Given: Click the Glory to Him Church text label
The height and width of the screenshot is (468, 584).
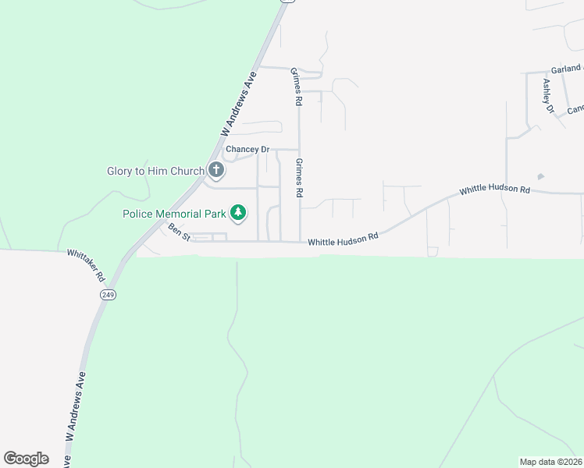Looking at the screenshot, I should (155, 171).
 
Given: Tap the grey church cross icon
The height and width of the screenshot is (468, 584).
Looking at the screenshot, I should (216, 170).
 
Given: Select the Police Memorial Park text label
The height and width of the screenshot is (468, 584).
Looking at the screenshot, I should (173, 213).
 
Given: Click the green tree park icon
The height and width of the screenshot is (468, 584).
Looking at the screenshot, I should (238, 212).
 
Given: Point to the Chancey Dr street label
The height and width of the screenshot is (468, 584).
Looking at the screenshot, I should (247, 149).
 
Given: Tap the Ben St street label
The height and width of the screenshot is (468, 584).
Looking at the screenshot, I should (179, 231).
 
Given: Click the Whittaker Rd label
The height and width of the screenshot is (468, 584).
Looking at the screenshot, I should (86, 265).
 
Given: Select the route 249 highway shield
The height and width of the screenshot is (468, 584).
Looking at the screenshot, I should (107, 294).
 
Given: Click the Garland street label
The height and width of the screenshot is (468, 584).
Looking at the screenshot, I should (566, 69).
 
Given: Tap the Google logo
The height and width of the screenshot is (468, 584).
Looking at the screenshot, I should (26, 459).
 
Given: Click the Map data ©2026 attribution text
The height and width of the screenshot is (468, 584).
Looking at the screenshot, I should (550, 461).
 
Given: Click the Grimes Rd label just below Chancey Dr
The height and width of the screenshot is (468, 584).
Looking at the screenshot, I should (299, 177).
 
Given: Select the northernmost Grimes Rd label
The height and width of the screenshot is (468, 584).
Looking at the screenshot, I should (296, 85).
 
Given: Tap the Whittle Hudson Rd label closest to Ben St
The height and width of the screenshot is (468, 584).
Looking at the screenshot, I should (343, 241).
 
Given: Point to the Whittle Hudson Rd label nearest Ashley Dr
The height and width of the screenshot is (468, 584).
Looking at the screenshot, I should (495, 190).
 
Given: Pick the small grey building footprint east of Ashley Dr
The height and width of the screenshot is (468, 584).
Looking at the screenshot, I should (541, 177).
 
